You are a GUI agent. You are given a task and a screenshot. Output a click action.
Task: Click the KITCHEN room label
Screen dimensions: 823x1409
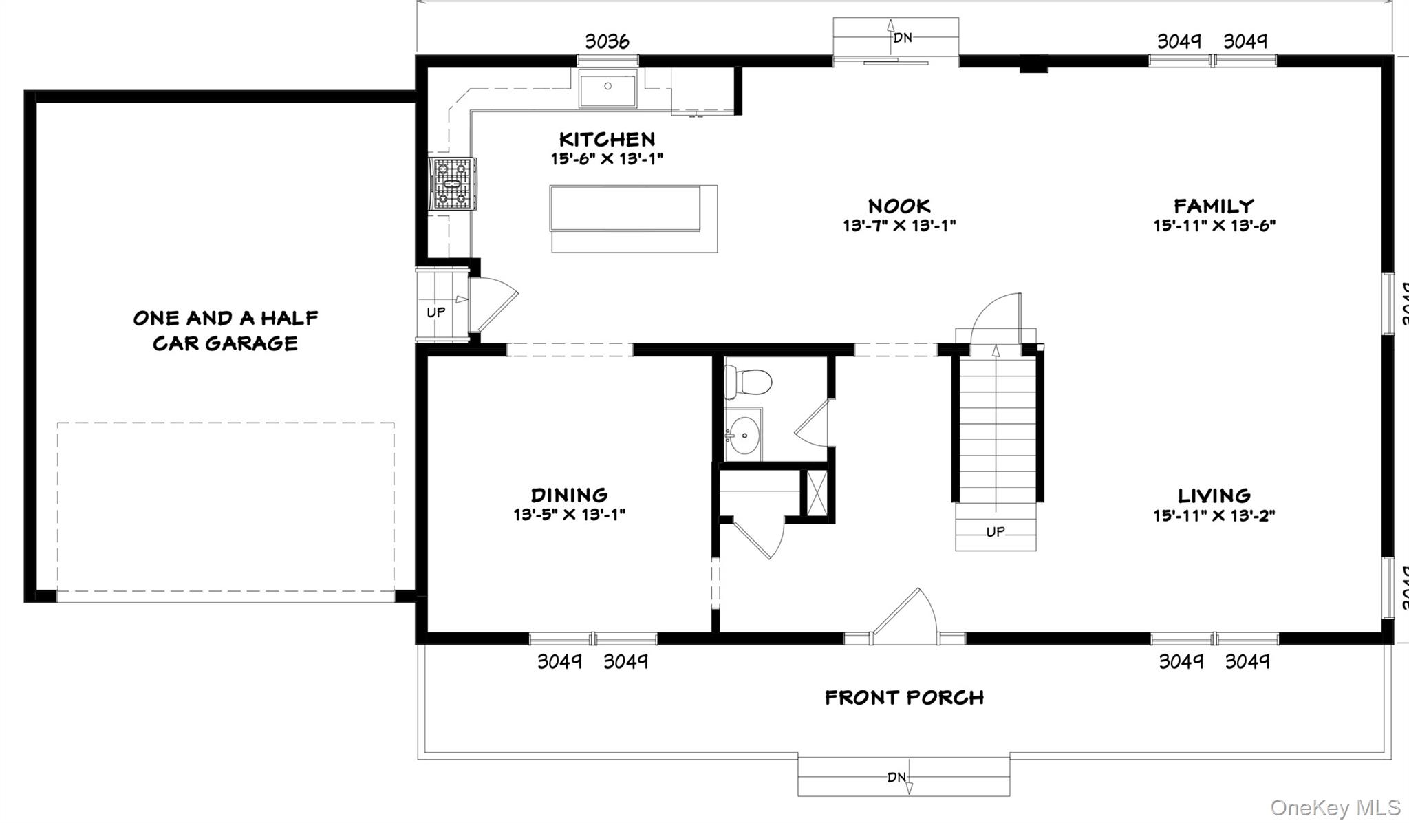coord(607,140)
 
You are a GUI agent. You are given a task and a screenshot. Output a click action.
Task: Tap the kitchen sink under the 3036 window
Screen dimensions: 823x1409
coord(607,90)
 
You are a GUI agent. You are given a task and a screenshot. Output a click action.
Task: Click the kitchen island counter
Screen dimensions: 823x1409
coord(625,208)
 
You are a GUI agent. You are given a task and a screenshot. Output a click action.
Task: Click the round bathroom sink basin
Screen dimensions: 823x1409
coord(744,436)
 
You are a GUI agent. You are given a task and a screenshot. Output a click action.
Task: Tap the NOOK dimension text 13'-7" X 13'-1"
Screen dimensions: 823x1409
coord(899,226)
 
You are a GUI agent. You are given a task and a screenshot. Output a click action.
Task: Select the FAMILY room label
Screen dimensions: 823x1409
coord(1214,206)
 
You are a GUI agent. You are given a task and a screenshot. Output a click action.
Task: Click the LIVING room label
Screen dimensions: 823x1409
coord(1214,495)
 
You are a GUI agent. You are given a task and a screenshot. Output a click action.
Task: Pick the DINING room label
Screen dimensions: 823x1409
coord(569,495)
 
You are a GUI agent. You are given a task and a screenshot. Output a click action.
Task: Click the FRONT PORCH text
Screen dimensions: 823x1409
coord(904,698)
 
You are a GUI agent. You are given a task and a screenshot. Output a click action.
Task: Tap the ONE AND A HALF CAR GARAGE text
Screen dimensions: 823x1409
coord(225,330)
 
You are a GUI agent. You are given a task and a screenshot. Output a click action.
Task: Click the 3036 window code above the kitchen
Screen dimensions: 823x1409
coord(607,42)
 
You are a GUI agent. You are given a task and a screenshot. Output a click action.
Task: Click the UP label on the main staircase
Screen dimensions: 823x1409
coord(996,532)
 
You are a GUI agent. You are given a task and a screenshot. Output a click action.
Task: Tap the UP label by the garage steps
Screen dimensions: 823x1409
coord(435,312)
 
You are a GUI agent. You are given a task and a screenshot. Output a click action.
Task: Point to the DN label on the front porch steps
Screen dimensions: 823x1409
coord(896,778)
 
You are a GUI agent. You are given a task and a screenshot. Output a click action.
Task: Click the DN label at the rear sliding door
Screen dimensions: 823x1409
coord(903,38)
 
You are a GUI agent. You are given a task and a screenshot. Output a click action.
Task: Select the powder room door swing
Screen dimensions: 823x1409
coord(813,423)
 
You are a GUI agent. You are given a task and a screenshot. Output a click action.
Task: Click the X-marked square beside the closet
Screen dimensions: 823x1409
coord(817,492)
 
